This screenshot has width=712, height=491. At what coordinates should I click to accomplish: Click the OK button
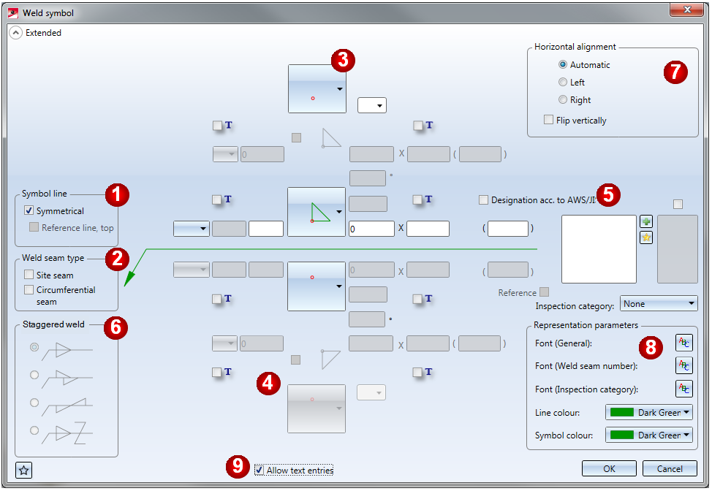point(609,468)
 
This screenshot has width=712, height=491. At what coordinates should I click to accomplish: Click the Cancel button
point(670,468)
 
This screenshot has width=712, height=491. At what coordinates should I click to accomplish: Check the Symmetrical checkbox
point(29,211)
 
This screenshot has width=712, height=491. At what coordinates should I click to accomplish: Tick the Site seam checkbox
point(29,275)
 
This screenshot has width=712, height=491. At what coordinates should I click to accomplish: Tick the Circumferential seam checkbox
point(29,290)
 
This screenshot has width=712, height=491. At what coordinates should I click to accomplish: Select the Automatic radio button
point(563,65)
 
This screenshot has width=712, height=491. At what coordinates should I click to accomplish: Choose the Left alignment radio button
point(563,83)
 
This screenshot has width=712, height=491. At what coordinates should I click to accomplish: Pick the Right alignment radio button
point(563,100)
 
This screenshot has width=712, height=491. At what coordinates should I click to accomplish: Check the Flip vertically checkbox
point(549,121)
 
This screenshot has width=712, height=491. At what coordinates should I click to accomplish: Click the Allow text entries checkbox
point(260,471)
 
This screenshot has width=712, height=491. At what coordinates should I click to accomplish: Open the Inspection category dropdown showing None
point(658,303)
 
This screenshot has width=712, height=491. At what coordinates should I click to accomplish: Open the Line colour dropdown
point(649,413)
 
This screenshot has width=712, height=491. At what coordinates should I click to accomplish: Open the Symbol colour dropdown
point(649,435)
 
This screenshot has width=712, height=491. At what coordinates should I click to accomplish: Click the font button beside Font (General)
point(683,343)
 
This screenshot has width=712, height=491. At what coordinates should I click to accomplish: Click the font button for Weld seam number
point(683,365)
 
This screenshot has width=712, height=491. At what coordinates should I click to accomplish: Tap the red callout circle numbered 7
point(675,72)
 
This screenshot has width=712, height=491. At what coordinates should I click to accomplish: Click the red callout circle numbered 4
point(269,382)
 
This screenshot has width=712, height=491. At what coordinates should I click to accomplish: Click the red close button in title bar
point(687,9)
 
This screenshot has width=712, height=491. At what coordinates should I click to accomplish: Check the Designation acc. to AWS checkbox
point(483,199)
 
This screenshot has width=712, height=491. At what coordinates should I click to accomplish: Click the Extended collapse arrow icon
point(15,33)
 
